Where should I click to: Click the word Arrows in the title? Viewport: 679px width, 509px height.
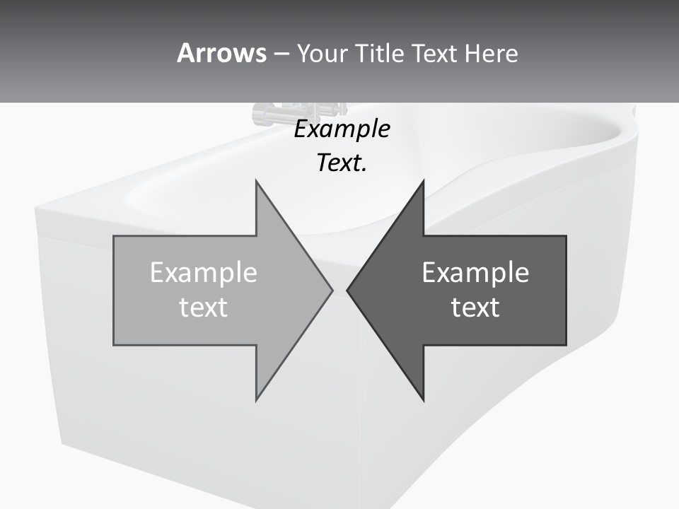(x=221, y=53)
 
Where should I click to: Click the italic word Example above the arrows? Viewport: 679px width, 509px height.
(x=342, y=129)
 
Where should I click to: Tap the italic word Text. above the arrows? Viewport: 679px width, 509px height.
(x=342, y=163)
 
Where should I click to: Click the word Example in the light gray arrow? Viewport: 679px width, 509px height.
(x=203, y=273)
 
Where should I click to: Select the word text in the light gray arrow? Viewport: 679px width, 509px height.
(x=203, y=308)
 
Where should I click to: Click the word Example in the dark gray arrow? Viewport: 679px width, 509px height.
(x=475, y=273)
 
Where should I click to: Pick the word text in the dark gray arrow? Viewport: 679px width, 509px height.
(x=475, y=308)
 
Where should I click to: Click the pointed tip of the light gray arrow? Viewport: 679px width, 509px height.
(x=332, y=290)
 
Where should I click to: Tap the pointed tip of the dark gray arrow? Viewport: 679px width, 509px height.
(x=347, y=290)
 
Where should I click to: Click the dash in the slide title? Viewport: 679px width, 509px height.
(x=281, y=54)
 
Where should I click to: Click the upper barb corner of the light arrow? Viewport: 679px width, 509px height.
(x=256, y=181)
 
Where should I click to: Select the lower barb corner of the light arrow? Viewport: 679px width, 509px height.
(x=256, y=400)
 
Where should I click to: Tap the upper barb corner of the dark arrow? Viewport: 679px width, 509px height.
(x=423, y=181)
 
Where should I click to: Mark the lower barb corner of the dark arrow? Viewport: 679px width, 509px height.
(x=423, y=400)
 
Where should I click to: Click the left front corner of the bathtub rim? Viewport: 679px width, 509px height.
(x=37, y=211)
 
